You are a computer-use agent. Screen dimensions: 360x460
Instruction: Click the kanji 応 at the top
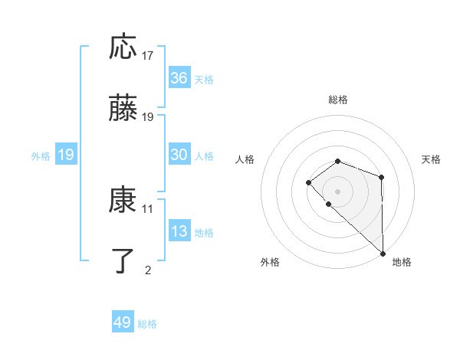point(123,47)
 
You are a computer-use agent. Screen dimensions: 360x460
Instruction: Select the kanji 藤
point(123,109)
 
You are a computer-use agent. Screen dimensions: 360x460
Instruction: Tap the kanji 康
point(123,201)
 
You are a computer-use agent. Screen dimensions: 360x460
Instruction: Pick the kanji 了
point(123,261)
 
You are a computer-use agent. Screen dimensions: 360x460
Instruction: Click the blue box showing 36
point(179,78)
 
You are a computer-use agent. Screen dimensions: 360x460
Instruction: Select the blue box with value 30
point(179,155)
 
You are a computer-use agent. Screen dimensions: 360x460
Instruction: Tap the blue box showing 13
point(179,231)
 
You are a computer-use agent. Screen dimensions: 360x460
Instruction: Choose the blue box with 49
point(123,322)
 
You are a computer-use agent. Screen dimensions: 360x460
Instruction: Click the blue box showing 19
point(66,155)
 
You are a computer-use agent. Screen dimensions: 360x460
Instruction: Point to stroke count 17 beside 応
point(148,55)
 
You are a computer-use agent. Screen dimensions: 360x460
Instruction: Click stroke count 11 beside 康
point(148,208)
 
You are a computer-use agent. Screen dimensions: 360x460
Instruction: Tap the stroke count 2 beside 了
point(148,270)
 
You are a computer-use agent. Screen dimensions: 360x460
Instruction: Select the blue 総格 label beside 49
point(147,324)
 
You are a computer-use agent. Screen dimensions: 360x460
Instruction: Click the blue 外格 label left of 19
point(41,155)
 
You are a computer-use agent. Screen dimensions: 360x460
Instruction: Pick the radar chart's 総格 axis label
point(337,100)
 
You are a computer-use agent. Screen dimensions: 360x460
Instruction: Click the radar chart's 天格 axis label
point(432,159)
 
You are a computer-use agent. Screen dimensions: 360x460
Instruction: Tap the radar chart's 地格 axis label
point(402,262)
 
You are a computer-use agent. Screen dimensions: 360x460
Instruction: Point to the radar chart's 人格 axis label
point(245,159)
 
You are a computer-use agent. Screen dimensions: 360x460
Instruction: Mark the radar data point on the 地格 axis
point(383,254)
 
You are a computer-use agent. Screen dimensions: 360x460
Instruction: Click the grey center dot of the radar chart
point(337,191)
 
